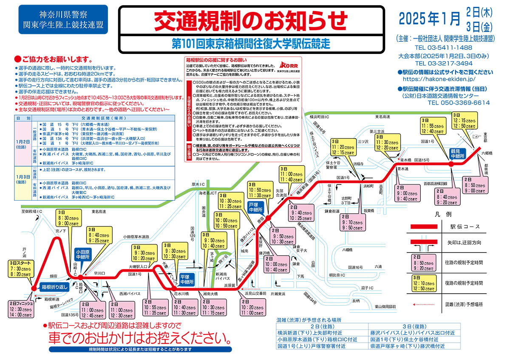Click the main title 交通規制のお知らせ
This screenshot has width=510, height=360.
click(251, 22)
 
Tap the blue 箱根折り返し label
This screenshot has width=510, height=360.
click(54, 287)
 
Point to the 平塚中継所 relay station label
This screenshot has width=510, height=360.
click(187, 278)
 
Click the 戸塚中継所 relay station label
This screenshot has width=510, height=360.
click(256, 207)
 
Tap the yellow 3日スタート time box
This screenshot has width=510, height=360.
click(22, 269)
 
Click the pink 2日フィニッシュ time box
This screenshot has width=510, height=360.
click(21, 310)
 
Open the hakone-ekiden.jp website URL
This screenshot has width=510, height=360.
click(438, 79)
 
